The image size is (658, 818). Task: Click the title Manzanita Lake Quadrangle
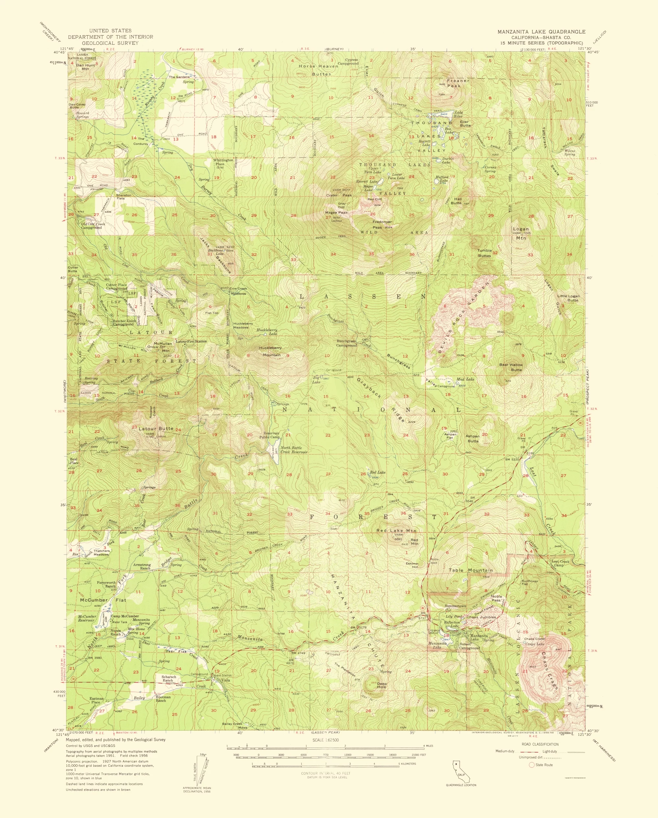[542, 32]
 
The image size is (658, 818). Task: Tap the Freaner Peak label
[458, 83]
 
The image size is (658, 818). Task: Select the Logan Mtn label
[520, 233]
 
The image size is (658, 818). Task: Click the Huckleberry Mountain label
[270, 351]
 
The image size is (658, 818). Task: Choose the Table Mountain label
[470, 570]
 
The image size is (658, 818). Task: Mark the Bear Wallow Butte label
[511, 367]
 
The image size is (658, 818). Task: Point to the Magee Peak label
[336, 212]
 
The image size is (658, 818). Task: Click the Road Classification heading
[540, 744]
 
